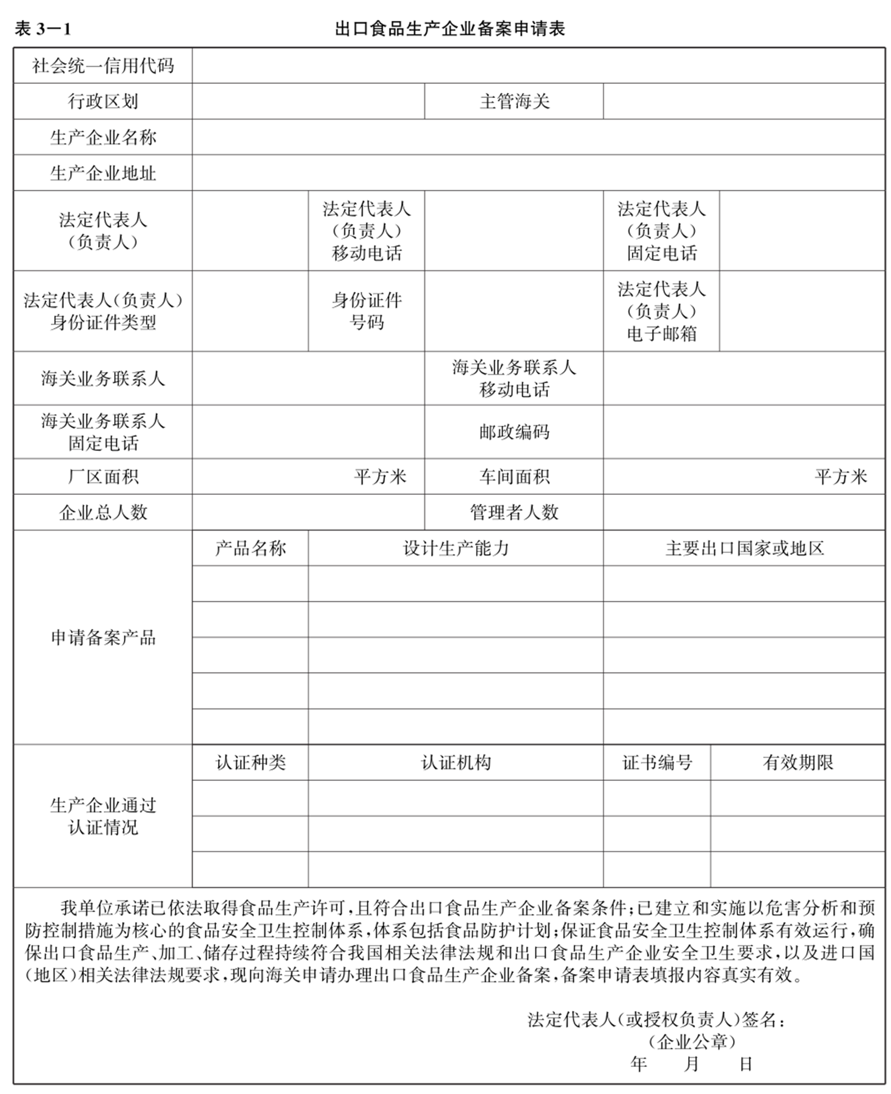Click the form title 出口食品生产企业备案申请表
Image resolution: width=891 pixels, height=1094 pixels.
point(449,29)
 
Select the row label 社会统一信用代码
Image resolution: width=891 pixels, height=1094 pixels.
point(103,66)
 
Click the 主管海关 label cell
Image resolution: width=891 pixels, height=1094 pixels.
point(514,101)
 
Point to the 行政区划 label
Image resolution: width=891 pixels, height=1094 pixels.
point(103,101)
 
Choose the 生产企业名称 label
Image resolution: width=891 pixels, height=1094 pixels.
point(103,137)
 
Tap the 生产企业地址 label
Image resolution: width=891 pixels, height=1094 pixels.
point(103,173)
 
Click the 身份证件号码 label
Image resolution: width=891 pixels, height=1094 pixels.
point(366,311)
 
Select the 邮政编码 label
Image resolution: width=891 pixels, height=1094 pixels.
point(514,432)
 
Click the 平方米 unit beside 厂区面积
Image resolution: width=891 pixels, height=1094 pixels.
point(380,477)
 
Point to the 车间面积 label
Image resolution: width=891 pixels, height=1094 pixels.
point(514,477)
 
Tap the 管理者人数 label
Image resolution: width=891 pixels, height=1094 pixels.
point(514,512)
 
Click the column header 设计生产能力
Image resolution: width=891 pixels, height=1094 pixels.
point(455,548)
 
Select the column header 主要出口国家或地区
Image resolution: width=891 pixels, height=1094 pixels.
point(744,548)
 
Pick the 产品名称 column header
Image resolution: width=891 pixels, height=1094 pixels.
point(250,548)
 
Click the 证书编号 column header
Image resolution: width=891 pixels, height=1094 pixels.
point(657,762)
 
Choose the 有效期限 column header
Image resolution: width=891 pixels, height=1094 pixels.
point(797,762)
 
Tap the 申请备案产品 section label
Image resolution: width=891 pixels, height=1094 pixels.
point(103,637)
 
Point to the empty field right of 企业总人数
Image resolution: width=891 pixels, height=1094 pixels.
point(308,512)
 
